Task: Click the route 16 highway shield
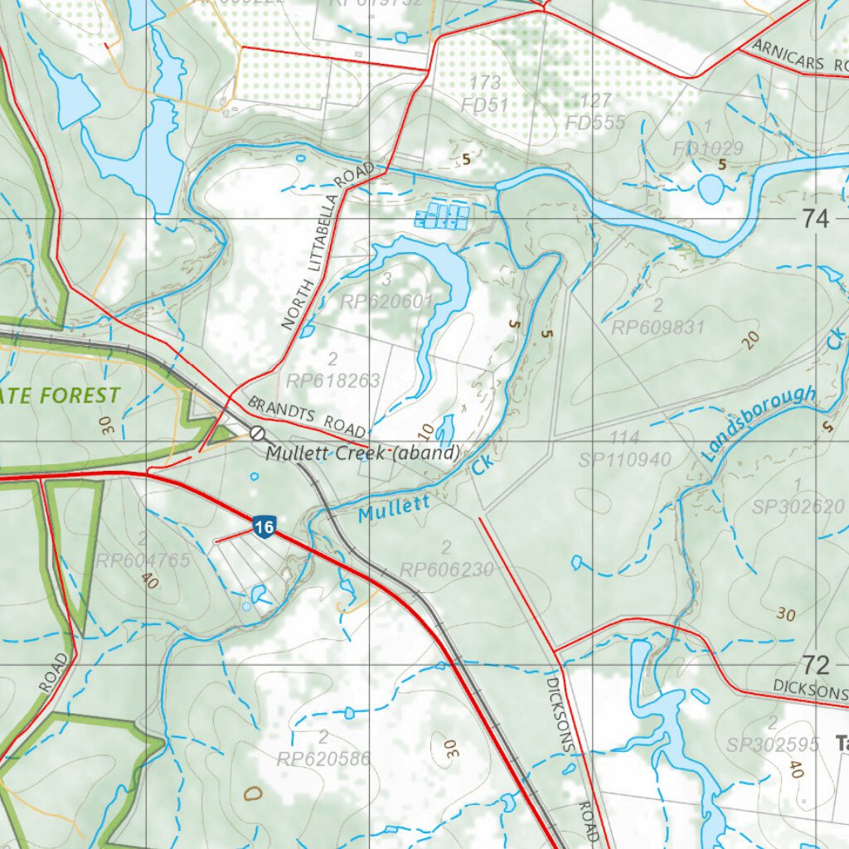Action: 264,527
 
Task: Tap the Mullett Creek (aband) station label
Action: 362,454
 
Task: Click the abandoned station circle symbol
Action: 258,433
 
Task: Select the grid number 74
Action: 815,220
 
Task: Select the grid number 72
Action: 815,664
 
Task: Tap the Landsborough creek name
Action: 759,423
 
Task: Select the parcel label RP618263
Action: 332,381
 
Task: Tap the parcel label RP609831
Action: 657,327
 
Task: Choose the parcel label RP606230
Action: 446,570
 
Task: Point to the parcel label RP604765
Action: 143,560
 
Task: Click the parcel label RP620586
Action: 323,758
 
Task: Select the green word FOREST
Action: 80,395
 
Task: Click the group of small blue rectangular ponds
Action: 442,216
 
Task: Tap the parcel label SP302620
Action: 798,507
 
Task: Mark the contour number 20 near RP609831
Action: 751,340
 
